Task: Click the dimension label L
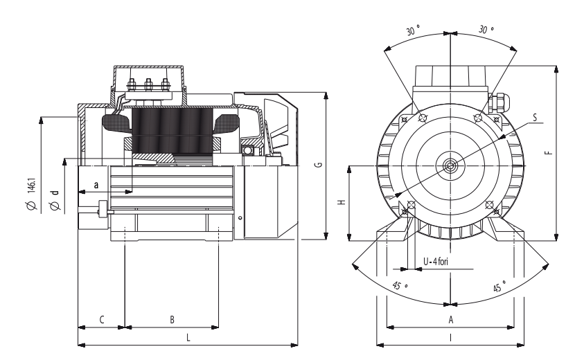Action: click(x=188, y=337)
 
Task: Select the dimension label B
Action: click(x=172, y=320)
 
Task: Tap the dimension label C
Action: click(x=102, y=320)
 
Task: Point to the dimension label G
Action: click(x=319, y=164)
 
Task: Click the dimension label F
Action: click(x=549, y=152)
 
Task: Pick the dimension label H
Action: click(x=342, y=202)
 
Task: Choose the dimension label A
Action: click(x=451, y=320)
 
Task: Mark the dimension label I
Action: click(x=451, y=337)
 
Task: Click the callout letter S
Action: click(x=535, y=118)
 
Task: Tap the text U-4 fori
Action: click(x=436, y=262)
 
